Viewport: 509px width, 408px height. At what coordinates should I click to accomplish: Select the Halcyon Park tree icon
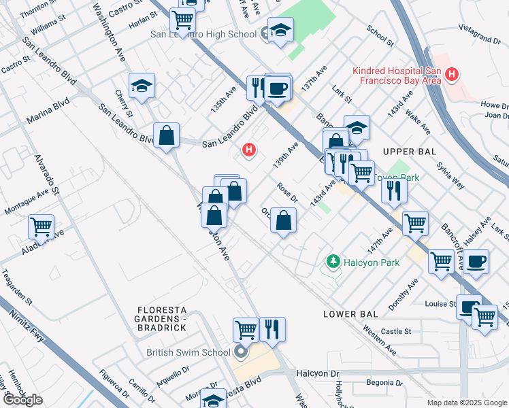(x=333, y=260)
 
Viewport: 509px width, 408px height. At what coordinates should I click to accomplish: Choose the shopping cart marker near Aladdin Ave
(x=42, y=227)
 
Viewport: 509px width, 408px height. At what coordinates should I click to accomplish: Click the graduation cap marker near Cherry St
(x=142, y=86)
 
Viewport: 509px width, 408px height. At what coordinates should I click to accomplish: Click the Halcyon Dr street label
(x=317, y=374)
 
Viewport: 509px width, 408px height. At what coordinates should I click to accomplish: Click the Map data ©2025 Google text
(x=467, y=403)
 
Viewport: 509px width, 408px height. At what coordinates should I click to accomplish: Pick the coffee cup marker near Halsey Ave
(x=477, y=261)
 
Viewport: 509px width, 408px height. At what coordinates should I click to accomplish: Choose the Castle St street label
(x=397, y=331)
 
